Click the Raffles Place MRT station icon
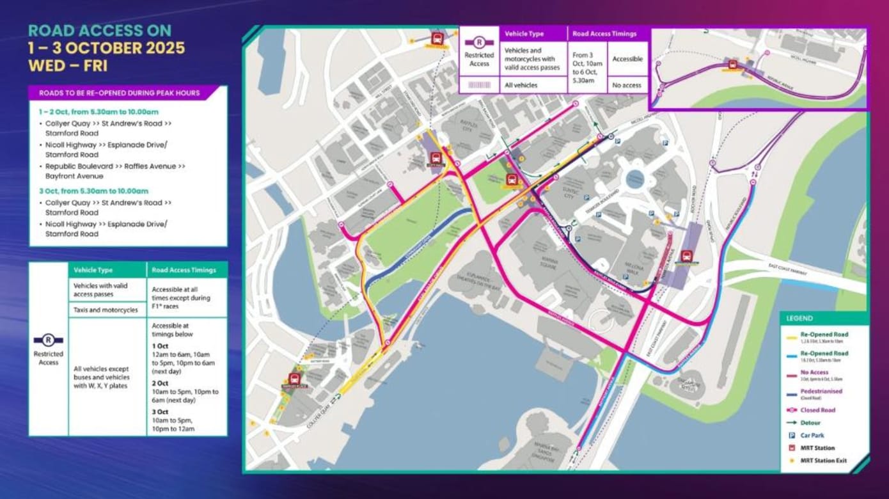coord(294,379)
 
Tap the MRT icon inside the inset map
coord(733,64)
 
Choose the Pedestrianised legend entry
coord(822,392)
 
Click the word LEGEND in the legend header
coord(799,319)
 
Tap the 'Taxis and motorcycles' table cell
coord(106,310)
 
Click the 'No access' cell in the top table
coord(627,85)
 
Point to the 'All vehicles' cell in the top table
coord(521,85)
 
